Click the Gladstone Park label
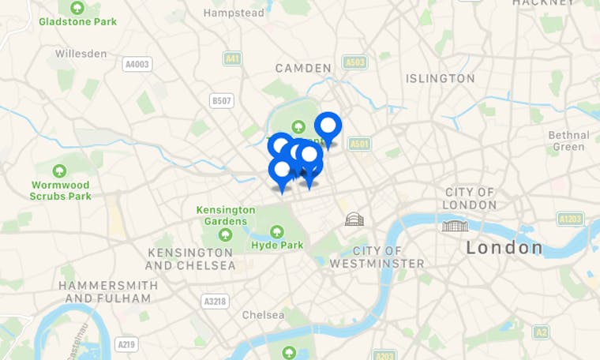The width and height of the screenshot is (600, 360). (77, 21)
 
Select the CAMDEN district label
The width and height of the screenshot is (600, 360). (303, 69)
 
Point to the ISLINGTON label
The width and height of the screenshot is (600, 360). (440, 78)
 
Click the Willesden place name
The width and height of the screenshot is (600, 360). (81, 54)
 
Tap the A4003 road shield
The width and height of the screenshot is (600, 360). (137, 65)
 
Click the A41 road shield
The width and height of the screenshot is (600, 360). (231, 59)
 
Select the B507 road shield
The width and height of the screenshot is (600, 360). (222, 100)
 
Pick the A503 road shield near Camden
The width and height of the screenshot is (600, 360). (354, 62)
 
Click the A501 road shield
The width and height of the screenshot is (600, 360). (359, 144)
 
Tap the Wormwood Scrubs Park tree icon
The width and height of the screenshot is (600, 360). (59, 171)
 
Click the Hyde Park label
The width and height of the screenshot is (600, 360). (277, 245)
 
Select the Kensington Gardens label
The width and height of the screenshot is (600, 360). (226, 216)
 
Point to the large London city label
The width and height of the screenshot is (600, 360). (504, 248)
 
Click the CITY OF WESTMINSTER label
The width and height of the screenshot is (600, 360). (377, 257)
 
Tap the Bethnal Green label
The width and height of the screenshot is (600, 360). (568, 141)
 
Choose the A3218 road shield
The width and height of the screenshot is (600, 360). (215, 301)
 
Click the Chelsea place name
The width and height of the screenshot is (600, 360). (263, 314)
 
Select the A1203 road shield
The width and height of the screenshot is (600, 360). (569, 219)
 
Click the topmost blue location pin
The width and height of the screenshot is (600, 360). (328, 126)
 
